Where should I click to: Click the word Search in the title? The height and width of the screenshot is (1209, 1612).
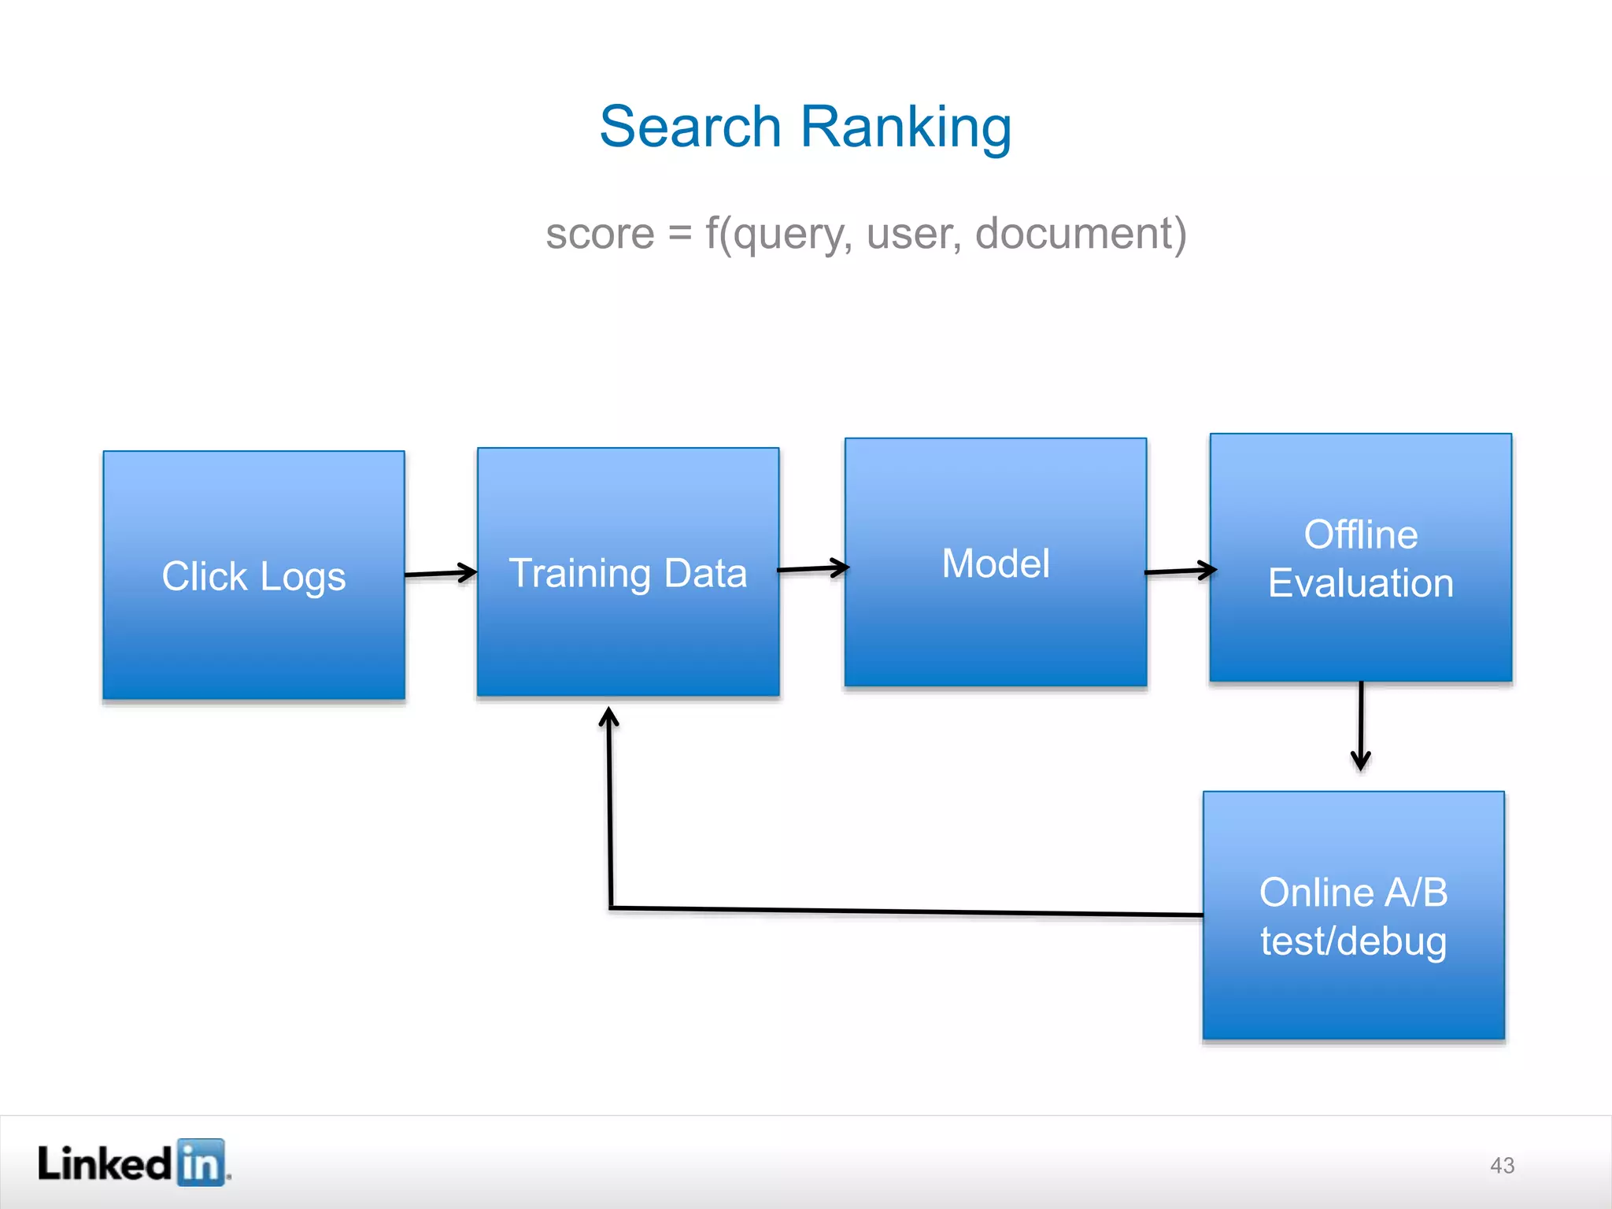pyautogui.click(x=690, y=127)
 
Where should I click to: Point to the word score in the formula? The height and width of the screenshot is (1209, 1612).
pyautogui.click(x=600, y=234)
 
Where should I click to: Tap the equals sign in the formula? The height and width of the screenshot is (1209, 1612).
pyautogui.click(x=679, y=235)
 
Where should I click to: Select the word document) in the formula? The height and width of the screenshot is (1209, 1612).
pyautogui.click(x=1081, y=234)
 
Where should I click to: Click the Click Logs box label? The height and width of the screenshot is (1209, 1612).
pyautogui.click(x=253, y=576)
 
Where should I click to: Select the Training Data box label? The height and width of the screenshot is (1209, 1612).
pyautogui.click(x=627, y=573)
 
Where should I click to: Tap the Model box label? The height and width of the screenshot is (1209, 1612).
pyautogui.click(x=995, y=564)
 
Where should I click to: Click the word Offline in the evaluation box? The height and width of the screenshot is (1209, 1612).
pyautogui.click(x=1360, y=535)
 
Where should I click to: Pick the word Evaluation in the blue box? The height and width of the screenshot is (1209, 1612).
pyautogui.click(x=1360, y=583)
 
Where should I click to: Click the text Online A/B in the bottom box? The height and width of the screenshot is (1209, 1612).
pyautogui.click(x=1353, y=893)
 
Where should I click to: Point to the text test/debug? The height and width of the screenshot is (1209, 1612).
pyautogui.click(x=1353, y=941)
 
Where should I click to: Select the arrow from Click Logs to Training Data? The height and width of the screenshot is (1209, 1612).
pyautogui.click(x=441, y=573)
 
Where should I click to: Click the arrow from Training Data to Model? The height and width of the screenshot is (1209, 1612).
pyautogui.click(x=812, y=568)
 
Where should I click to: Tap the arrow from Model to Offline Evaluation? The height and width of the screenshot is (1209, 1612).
pyautogui.click(x=1180, y=571)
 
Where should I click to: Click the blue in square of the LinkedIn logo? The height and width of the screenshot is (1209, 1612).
pyautogui.click(x=201, y=1162)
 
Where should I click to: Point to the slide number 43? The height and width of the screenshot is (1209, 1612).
pyautogui.click(x=1502, y=1165)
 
